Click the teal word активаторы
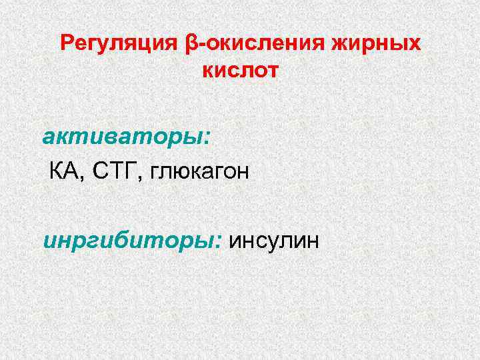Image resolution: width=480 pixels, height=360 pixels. point(123,138)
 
